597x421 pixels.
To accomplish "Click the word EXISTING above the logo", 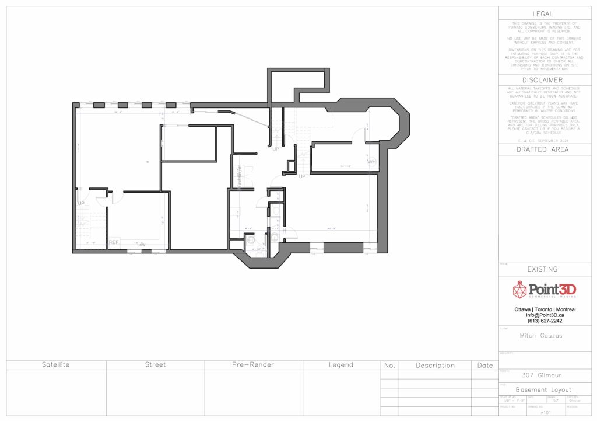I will click(x=543, y=269).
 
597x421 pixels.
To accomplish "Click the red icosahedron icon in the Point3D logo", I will click(x=519, y=289).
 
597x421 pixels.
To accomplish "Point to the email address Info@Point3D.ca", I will click(x=545, y=315).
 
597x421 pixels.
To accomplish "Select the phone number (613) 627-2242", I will click(x=545, y=321).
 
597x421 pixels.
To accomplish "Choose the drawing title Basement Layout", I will click(x=543, y=389).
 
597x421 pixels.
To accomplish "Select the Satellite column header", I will click(x=56, y=365).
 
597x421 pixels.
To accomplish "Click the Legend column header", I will click(x=341, y=365).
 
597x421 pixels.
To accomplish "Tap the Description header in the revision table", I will click(x=435, y=366).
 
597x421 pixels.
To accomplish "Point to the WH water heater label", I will click(x=371, y=161).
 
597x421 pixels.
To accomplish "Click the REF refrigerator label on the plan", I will click(x=114, y=242).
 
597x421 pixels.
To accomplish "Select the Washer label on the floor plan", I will click(x=239, y=176).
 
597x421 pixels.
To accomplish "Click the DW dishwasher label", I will click(x=141, y=245).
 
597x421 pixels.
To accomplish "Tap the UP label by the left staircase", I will click(x=81, y=203).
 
